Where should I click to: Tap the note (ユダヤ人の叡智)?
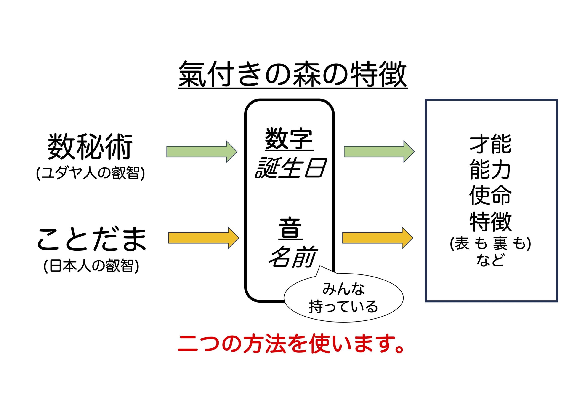point(90,174)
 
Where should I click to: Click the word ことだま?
point(92,239)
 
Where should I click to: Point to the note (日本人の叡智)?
point(91,266)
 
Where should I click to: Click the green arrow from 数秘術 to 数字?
point(202,152)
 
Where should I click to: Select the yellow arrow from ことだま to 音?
point(204,238)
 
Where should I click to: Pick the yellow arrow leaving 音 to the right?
point(378,238)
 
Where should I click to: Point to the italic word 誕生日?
point(290,168)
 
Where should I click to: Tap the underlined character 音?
point(290,229)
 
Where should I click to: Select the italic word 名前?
point(292,257)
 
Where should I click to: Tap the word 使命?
point(490,196)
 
